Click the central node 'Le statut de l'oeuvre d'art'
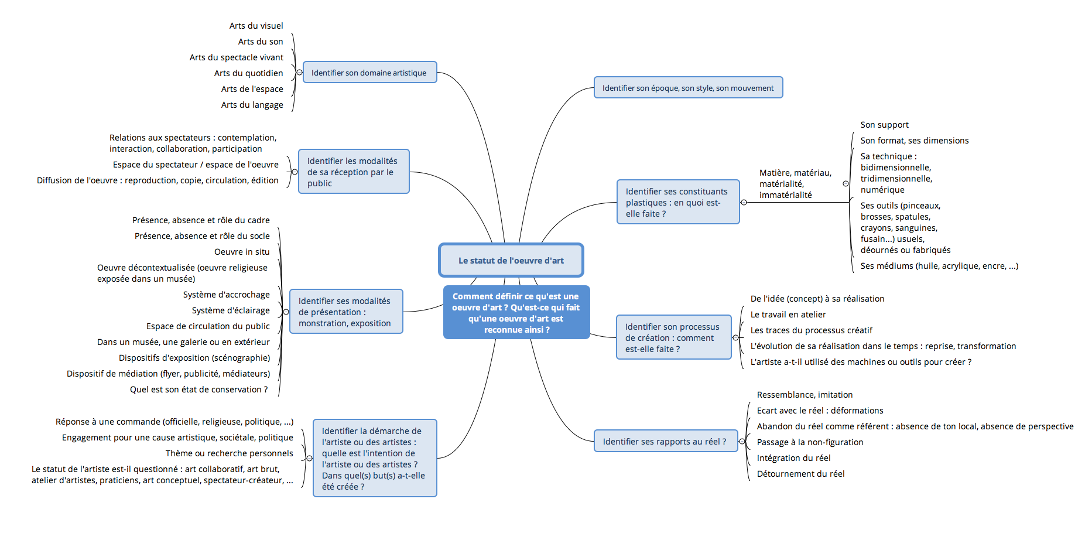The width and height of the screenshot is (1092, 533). click(511, 261)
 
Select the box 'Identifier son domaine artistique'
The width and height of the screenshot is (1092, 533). click(369, 73)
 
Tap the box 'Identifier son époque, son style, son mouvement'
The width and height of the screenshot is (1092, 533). click(688, 88)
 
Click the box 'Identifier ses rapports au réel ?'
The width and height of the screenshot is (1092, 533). click(665, 442)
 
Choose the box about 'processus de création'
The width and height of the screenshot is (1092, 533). click(673, 338)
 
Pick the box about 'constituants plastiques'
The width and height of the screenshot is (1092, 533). click(677, 202)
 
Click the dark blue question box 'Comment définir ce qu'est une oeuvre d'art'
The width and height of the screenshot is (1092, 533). click(516, 313)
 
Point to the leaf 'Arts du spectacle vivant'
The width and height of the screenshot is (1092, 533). click(236, 57)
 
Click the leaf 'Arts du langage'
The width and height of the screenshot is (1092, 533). click(252, 105)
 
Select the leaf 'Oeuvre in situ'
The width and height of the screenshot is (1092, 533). click(242, 252)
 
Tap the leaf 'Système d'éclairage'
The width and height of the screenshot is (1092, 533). click(231, 310)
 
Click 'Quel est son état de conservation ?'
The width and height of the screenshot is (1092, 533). click(198, 389)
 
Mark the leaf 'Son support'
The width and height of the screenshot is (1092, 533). click(884, 125)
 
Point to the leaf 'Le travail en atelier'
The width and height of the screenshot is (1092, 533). click(788, 315)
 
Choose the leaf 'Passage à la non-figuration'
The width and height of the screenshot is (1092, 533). click(810, 442)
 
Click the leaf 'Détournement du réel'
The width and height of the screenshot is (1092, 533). click(800, 474)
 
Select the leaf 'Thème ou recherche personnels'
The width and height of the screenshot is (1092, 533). click(229, 453)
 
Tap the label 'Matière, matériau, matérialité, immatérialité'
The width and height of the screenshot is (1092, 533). click(795, 184)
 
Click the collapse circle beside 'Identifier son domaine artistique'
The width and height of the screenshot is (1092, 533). click(300, 73)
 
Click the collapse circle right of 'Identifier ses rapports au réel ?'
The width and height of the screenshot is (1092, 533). click(742, 442)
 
